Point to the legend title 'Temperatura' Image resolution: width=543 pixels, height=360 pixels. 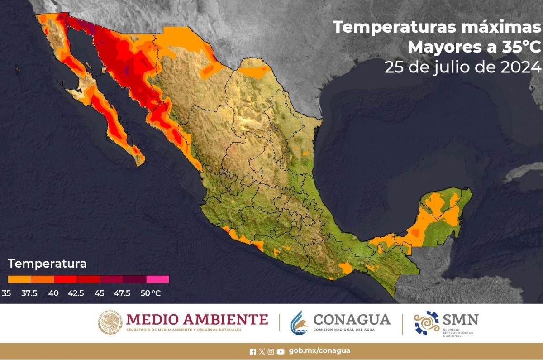point(47,264)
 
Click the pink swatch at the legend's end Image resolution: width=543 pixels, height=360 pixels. point(157,279)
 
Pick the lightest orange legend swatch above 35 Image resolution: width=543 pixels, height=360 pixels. point(19,279)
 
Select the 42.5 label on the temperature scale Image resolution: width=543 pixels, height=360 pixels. point(76,293)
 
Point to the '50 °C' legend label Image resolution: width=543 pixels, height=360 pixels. point(150,293)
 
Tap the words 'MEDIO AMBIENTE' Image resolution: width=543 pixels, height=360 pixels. point(197,319)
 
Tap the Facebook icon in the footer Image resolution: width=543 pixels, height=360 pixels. point(252,351)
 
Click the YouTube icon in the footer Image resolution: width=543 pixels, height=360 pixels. point(281,351)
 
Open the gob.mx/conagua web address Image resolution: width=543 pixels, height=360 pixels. point(319,351)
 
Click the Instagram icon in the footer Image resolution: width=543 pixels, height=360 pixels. point(271,351)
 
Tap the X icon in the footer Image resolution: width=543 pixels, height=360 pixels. point(262,351)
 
